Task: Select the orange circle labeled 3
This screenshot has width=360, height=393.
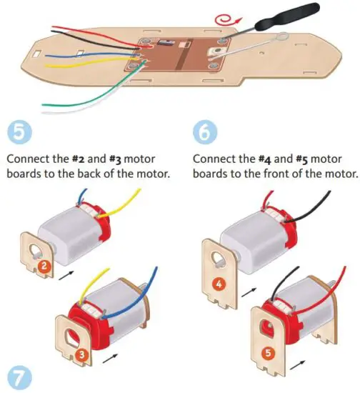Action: [82, 352]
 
